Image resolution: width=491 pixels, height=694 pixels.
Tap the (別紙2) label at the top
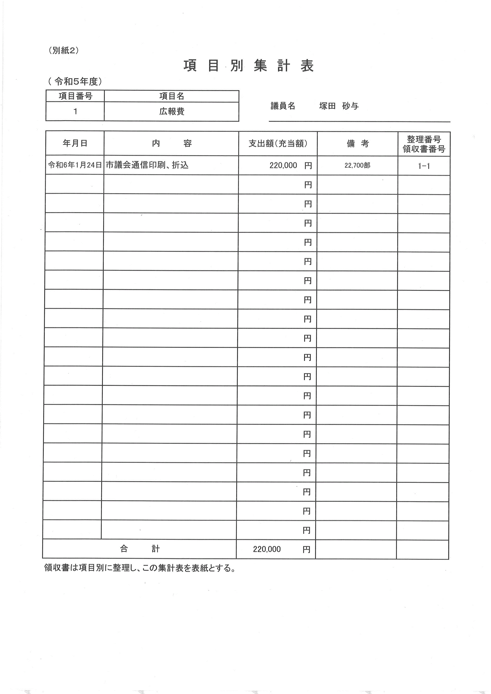64,50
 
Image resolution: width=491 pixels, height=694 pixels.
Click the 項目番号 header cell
75,96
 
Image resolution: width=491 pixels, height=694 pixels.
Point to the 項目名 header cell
171,96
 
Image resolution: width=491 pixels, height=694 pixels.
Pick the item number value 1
75,112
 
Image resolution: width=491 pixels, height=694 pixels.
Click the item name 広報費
171,112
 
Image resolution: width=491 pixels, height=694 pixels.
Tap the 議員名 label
283,106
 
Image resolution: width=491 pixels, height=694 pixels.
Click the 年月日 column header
75,143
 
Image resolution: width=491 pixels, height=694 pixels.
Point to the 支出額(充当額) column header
278,144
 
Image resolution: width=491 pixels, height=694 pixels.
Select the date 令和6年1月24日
75,165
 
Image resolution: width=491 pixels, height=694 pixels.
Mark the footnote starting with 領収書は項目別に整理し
140,568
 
